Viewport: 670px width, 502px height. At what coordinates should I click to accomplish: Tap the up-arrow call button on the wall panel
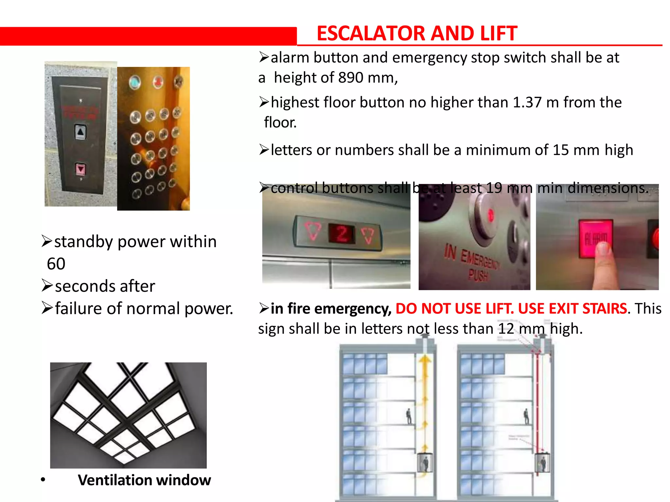pos(80,132)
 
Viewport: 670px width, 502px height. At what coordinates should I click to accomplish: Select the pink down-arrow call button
pos(80,169)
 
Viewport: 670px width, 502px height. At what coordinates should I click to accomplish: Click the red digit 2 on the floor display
pos(342,234)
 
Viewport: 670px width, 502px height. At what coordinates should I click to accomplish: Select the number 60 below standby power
pos(56,264)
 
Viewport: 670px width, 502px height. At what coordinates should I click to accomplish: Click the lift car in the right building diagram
pos(542,462)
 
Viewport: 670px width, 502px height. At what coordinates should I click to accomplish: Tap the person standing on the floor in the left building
pos(409,416)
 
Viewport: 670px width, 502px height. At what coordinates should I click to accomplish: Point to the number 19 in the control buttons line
pos(494,188)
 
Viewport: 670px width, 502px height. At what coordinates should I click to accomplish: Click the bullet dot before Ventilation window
pos(43,480)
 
